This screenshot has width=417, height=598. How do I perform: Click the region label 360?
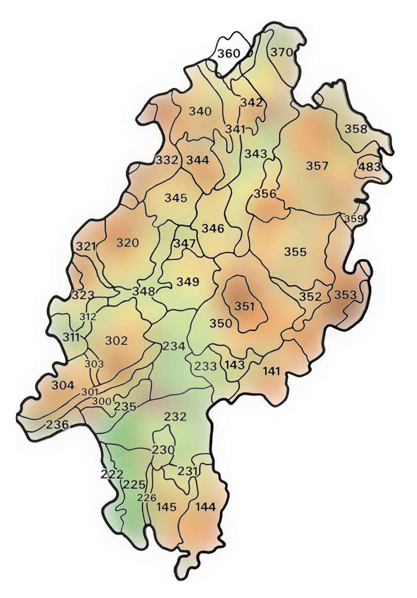[228, 54]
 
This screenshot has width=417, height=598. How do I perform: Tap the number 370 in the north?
[282, 52]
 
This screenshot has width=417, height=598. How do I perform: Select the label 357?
[317, 166]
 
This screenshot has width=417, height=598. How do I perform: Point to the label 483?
[370, 167]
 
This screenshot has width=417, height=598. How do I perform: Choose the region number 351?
[245, 306]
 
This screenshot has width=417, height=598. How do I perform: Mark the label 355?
[295, 252]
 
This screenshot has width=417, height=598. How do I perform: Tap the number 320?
[128, 243]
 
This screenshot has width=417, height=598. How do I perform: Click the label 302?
[116, 340]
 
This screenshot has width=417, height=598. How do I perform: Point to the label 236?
[57, 424]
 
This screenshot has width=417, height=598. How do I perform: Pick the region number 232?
[175, 416]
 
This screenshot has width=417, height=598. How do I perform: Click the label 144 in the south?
[206, 507]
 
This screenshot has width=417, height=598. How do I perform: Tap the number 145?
[166, 507]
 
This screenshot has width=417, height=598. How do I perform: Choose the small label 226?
[147, 497]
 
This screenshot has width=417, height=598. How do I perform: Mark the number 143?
[235, 365]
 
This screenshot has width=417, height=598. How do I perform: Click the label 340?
[200, 111]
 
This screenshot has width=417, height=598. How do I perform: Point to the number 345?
[175, 198]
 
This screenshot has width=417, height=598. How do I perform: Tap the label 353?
[345, 295]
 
